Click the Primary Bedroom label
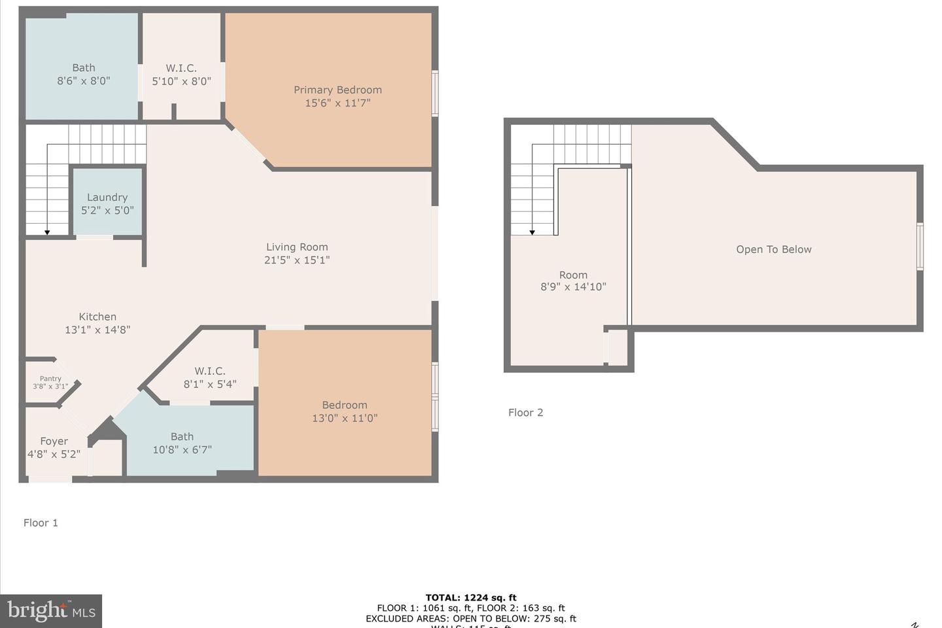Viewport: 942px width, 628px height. (338, 90)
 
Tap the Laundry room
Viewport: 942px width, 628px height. (107, 203)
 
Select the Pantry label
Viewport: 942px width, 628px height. (50, 379)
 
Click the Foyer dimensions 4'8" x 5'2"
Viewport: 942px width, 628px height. (54, 454)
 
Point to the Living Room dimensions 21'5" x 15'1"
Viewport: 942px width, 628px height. (297, 260)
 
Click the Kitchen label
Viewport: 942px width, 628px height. (97, 317)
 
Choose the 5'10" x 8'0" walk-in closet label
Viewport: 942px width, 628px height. (181, 75)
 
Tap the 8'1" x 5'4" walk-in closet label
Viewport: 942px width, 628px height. (210, 377)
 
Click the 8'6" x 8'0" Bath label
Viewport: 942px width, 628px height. (83, 75)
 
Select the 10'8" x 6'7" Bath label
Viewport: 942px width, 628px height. (182, 443)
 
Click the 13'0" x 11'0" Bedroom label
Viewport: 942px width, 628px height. (345, 411)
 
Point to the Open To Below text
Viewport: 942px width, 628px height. (773, 249)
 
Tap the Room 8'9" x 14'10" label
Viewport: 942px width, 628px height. (573, 281)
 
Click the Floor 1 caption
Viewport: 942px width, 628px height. (41, 523)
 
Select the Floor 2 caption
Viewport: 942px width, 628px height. (525, 412)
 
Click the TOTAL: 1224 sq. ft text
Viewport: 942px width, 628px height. (470, 597)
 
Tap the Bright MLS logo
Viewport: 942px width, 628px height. (51, 611)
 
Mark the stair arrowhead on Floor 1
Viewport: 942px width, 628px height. (47, 232)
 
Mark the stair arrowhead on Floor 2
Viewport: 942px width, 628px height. (532, 232)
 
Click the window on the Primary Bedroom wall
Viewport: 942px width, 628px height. (434, 94)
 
